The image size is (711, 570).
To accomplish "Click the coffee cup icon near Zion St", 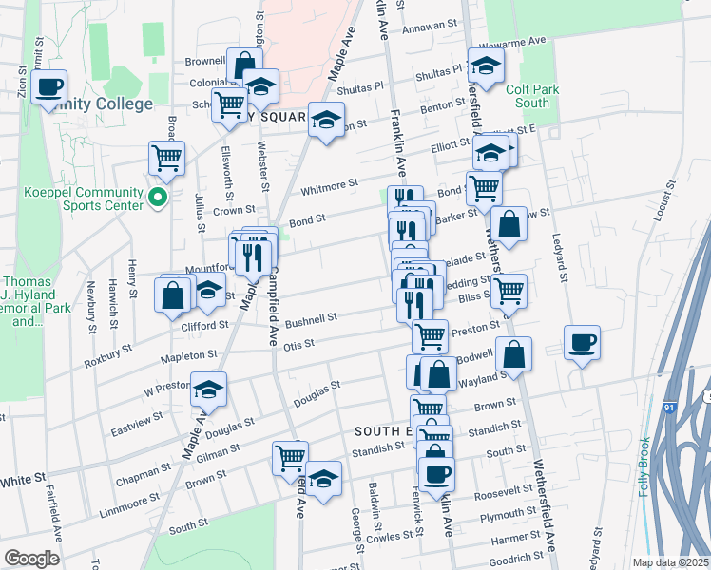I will tap(48, 87).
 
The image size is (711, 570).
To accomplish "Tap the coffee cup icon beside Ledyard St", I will tap(581, 342).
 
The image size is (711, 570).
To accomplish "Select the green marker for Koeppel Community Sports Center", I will tap(159, 199).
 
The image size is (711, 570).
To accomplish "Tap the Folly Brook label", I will tap(645, 459).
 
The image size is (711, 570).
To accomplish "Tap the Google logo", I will tap(31, 558).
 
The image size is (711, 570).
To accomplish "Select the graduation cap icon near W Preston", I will tap(208, 389).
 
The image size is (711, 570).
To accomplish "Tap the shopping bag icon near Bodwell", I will tap(513, 354).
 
